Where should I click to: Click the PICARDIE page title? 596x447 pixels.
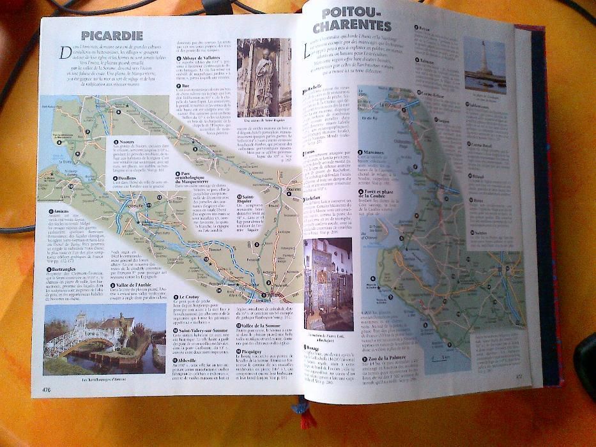[x=112, y=36]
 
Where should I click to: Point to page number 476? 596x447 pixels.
[x=47, y=389]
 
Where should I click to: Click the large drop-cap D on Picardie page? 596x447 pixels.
[x=65, y=54]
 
